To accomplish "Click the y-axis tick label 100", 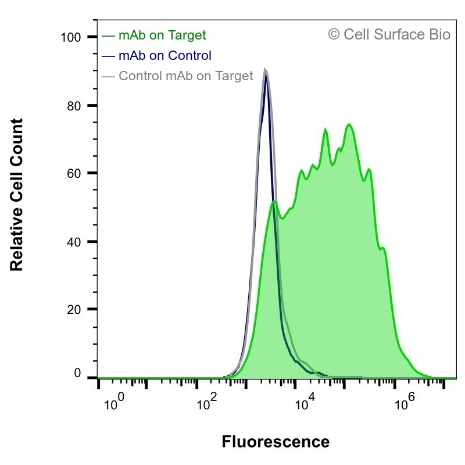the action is (70, 38).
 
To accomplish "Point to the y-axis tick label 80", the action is (74, 106).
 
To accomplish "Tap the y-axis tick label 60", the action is (74, 173).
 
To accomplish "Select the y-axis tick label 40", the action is (74, 242).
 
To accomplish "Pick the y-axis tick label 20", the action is (74, 310).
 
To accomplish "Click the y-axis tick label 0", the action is (77, 373).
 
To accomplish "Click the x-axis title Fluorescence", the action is (276, 442).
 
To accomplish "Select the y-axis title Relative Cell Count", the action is (17, 195).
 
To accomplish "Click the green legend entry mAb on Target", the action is (153, 35).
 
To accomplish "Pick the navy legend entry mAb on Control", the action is (156, 55).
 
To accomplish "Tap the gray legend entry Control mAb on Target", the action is (177, 76).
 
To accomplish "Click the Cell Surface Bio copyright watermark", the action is (389, 34).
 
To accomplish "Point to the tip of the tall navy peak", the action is (266, 75).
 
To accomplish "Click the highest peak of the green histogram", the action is (349, 124).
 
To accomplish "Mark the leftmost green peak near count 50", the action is (274, 202).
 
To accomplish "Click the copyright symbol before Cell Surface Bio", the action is (334, 34).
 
